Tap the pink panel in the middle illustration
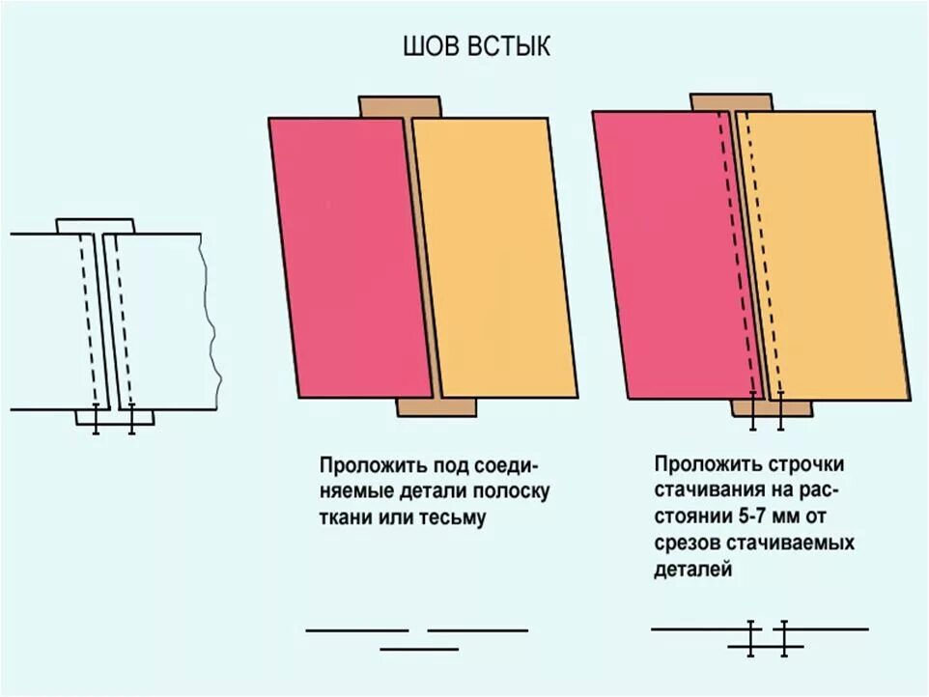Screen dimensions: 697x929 point(349,256)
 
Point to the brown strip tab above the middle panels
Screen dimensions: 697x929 point(385,106)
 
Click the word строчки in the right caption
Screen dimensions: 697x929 point(783,463)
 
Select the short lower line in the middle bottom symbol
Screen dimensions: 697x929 point(418,649)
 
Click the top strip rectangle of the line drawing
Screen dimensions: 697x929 point(95,226)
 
